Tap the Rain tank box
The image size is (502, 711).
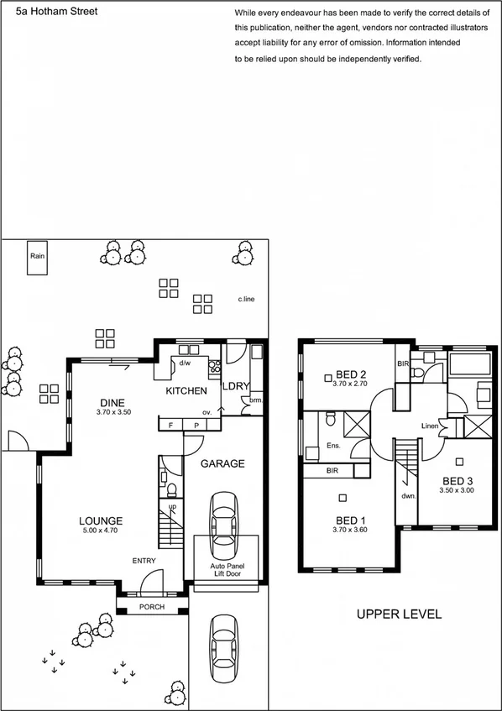[37, 261]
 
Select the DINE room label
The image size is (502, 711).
[112, 403]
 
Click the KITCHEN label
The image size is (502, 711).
[186, 391]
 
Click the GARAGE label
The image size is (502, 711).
[222, 463]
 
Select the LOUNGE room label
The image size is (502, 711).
[102, 520]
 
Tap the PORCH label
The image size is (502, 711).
[151, 607]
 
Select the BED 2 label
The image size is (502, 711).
[351, 374]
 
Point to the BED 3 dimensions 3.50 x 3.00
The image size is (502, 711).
[458, 489]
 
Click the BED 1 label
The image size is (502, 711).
[350, 519]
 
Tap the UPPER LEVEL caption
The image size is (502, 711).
[399, 614]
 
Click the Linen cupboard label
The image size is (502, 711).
[429, 426]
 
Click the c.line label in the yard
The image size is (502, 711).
[246, 299]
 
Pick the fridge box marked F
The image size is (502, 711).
[170, 426]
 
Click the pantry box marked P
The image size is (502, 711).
[196, 426]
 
